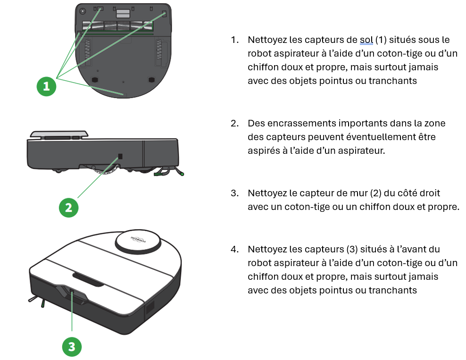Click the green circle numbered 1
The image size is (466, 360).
pyautogui.click(x=46, y=86)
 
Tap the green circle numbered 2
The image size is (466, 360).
pyautogui.click(x=69, y=208)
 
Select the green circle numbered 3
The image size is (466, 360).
pyautogui.click(x=72, y=347)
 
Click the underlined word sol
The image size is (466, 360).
pyautogui.click(x=366, y=40)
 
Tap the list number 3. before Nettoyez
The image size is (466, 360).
pyautogui.click(x=235, y=193)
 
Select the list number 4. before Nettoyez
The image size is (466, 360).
pyautogui.click(x=235, y=249)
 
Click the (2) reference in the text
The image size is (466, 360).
pyautogui.click(x=375, y=193)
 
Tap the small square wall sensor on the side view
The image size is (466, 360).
pyautogui.click(x=120, y=156)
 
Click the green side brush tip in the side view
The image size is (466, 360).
pyautogui.click(x=182, y=174)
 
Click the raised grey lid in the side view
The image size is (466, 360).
pyautogui.click(x=59, y=134)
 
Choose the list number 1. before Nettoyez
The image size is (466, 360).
pyautogui.click(x=235, y=40)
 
